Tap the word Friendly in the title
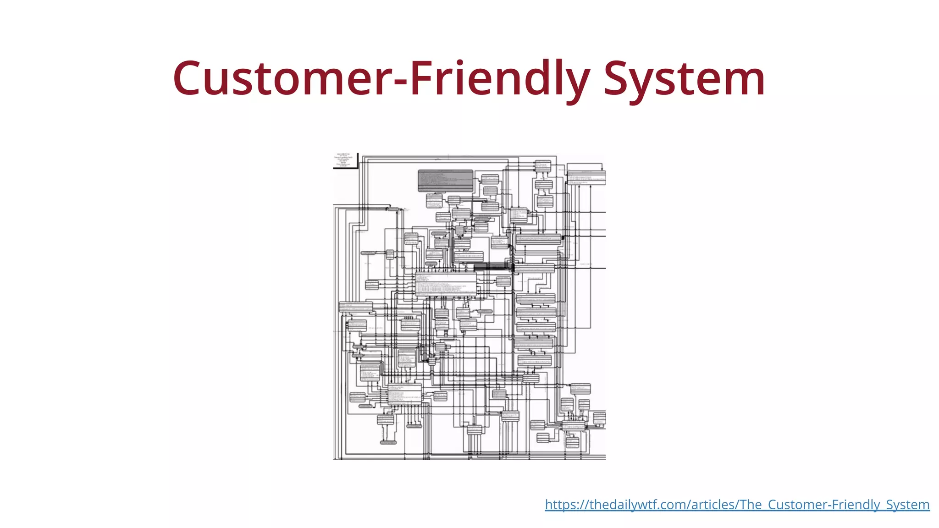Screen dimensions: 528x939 (x=498, y=79)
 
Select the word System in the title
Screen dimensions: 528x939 (x=684, y=79)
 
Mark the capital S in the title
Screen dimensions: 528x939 (x=617, y=79)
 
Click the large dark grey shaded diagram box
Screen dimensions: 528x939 (x=445, y=180)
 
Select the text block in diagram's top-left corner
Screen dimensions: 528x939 (x=344, y=160)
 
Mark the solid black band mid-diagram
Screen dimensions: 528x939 (x=493, y=266)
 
